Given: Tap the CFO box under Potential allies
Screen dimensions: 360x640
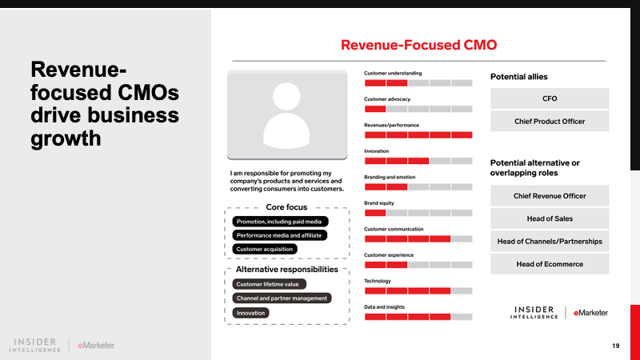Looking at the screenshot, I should pos(549,98).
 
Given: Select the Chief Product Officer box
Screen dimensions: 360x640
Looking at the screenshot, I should pos(549,122).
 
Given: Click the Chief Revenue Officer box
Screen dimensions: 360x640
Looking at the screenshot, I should pos(549,196).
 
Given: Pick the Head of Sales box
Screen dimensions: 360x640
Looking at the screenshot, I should pos(549,218).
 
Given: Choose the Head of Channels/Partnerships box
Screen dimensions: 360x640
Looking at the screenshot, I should pos(549,241).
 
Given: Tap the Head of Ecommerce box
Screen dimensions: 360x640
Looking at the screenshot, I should pos(549,264).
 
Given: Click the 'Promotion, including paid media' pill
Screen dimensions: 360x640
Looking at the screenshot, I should pos(291,222).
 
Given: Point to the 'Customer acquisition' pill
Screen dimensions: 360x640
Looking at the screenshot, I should pos(266,250).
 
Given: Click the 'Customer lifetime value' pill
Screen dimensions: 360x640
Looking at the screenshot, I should pos(267,284).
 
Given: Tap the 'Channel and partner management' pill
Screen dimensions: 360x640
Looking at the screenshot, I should pos(282,298).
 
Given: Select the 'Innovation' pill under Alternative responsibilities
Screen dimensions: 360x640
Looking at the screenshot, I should pos(250,313).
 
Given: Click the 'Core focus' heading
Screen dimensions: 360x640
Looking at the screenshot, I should pos(286,207).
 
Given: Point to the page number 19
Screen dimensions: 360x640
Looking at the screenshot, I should pos(615,346).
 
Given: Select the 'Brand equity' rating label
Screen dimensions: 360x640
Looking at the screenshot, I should pos(379,203).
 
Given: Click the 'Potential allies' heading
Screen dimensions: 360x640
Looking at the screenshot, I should pos(518,77).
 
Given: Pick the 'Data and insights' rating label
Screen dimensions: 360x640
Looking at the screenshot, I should pos(385,306).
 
